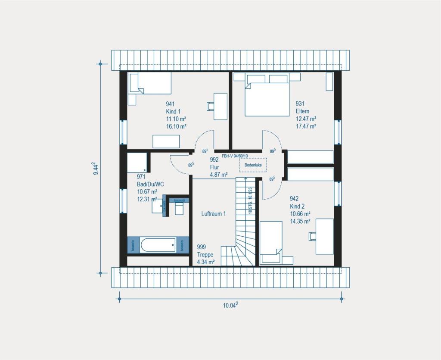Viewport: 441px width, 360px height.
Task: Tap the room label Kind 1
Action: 173,111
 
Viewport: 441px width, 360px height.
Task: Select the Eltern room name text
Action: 302,111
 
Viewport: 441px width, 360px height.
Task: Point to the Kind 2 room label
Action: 297,206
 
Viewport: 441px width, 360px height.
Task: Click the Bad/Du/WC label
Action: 150,184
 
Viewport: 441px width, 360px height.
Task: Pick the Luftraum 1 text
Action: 213,213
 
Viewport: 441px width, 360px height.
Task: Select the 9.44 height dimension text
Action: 95,168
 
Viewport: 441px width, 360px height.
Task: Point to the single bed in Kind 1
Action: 149,84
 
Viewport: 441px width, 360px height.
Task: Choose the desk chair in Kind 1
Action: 210,106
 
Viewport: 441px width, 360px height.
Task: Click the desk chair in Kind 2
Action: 312,235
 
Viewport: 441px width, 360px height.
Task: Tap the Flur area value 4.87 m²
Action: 218,175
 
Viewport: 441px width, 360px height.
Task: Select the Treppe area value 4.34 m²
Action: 205,262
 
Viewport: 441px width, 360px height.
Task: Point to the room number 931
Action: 300,103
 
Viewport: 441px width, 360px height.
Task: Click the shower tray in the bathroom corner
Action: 137,163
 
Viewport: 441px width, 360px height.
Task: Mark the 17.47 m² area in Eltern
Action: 306,126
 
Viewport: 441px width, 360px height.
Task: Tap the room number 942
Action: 294,199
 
